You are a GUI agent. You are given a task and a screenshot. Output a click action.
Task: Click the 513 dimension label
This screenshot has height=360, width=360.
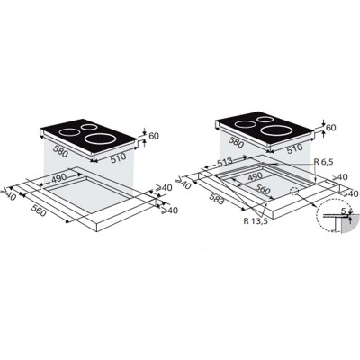pyautogui.click(x=224, y=161)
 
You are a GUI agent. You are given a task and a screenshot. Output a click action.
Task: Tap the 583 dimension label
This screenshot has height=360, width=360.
pyautogui.click(x=217, y=199)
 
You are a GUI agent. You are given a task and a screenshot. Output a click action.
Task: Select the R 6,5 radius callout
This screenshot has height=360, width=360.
pyautogui.click(x=323, y=162)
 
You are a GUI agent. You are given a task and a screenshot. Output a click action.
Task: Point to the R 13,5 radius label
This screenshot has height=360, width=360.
pyautogui.click(x=256, y=221)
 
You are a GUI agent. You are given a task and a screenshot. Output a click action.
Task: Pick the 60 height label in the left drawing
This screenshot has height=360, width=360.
pyautogui.click(x=154, y=136)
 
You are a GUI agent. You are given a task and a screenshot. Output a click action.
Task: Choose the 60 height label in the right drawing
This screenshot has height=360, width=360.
pyautogui.click(x=331, y=128)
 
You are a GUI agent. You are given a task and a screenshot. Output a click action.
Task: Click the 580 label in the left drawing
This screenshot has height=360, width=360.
pyautogui.click(x=59, y=151)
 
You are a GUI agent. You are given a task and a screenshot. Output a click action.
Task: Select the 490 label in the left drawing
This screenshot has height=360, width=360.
pyautogui.click(x=58, y=179)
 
